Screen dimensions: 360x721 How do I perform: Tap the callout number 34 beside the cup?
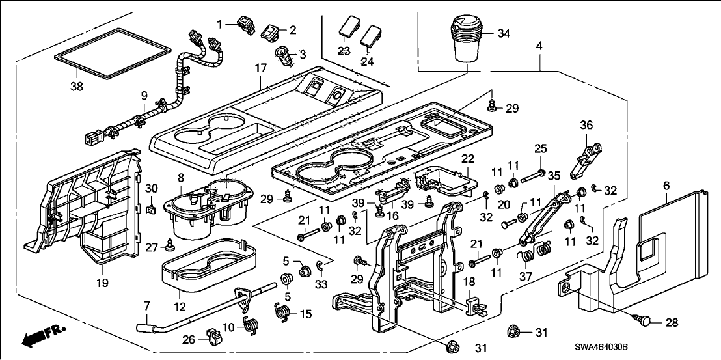point(504,33)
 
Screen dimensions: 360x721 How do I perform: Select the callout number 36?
point(587,125)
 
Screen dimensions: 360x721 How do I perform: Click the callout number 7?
point(146,306)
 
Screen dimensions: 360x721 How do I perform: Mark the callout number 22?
point(468,159)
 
